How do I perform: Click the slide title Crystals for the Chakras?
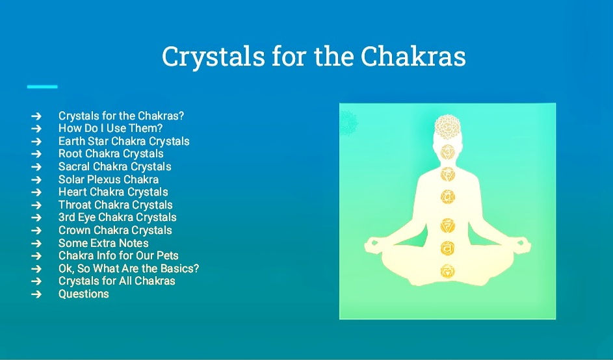(313, 57)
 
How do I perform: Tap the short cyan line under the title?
(42, 86)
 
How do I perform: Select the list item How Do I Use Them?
(111, 128)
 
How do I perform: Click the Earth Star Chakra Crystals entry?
(124, 141)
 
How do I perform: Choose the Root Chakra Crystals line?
(111, 153)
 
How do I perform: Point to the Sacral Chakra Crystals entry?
(115, 166)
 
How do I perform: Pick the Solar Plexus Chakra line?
(109, 179)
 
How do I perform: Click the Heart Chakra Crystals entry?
(113, 192)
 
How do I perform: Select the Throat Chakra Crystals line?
(115, 205)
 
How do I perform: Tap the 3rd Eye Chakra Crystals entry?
(117, 217)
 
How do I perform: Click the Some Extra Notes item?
(103, 243)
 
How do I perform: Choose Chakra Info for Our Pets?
(118, 255)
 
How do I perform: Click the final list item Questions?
(84, 294)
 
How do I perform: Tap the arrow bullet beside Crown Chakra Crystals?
(36, 230)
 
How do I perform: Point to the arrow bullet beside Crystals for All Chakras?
(36, 281)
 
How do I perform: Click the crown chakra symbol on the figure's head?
(447, 127)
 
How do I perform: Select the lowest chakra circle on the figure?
(448, 270)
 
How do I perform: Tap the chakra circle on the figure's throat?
(448, 174)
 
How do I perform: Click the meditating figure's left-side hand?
(372, 246)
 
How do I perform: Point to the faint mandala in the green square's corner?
(348, 123)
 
